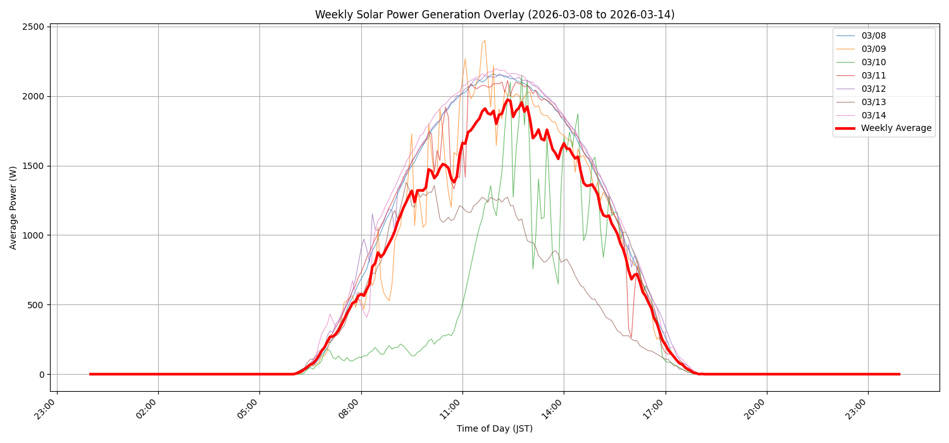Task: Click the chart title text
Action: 495,15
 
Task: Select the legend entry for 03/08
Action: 873,35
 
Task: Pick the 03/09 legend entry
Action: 873,49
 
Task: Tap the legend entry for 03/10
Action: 873,62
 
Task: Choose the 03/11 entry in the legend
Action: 873,75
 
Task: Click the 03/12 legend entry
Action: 873,89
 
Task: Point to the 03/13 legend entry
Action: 873,102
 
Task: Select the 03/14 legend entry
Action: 873,115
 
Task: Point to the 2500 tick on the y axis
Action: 33,27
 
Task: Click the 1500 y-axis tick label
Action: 33,166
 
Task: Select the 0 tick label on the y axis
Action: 42,375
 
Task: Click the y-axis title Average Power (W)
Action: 13,208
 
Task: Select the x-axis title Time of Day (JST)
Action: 495,429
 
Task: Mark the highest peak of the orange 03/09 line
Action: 485,41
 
